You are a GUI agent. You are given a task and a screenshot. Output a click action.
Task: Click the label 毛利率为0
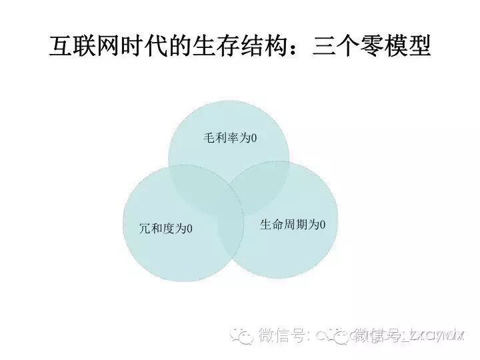[x=230, y=139]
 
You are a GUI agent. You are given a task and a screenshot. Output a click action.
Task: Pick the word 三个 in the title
[x=327, y=47]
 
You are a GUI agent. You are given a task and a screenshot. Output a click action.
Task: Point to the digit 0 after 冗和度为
[x=189, y=229]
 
